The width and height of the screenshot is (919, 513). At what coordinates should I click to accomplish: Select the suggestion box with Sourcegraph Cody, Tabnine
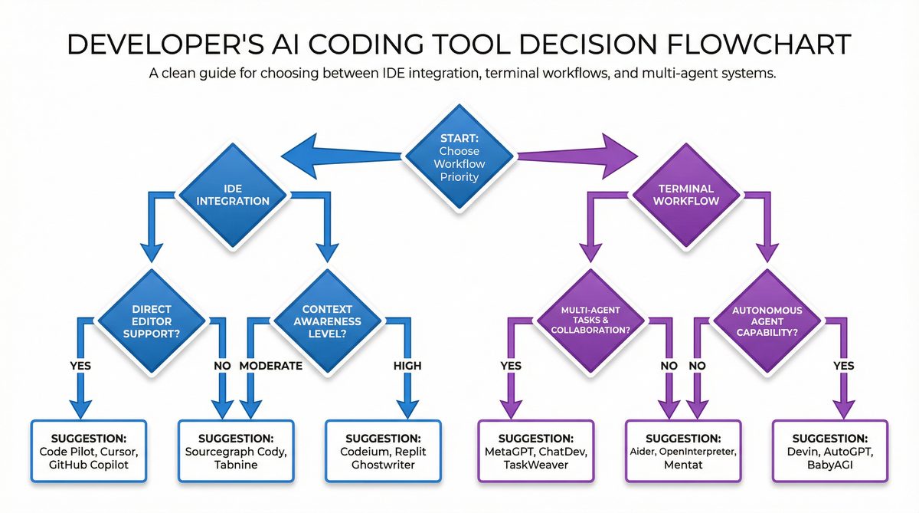235,451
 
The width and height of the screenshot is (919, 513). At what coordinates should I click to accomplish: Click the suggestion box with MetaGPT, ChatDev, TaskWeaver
535,451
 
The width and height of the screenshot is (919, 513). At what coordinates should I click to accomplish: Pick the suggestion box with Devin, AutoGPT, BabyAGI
830,451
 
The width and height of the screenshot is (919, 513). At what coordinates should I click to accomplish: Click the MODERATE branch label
271,366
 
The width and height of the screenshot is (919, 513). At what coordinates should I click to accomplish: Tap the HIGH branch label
407,366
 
